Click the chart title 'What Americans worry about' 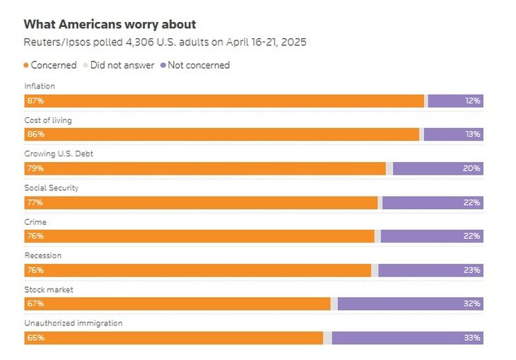click(x=110, y=25)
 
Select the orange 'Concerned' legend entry click(x=50, y=65)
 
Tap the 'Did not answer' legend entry click(x=119, y=65)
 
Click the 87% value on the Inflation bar click(x=35, y=100)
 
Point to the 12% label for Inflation click(x=473, y=100)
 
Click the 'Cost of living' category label click(x=48, y=120)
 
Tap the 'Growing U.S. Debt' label click(x=59, y=154)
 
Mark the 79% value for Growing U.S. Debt click(x=35, y=168)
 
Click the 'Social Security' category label click(x=52, y=188)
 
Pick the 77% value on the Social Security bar click(x=35, y=202)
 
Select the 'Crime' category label click(x=35, y=222)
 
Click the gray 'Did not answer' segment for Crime click(x=377, y=236)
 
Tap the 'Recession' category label click(x=43, y=255)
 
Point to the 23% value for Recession click(x=473, y=269)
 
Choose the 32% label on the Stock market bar click(x=473, y=303)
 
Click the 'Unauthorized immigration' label click(x=74, y=323)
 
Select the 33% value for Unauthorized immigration click(x=473, y=337)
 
